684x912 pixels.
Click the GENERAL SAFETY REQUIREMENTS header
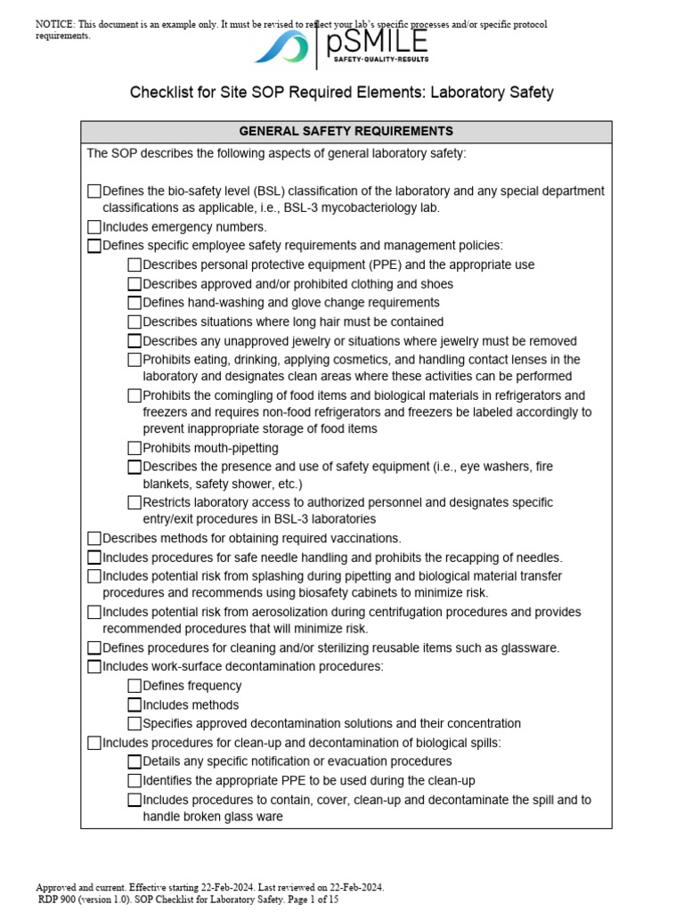point(346,131)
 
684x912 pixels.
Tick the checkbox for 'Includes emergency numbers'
point(94,227)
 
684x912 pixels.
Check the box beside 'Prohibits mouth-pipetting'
point(134,448)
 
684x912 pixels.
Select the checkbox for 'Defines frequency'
point(134,686)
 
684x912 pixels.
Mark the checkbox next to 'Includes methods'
point(134,704)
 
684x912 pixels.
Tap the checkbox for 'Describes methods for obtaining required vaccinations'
point(94,538)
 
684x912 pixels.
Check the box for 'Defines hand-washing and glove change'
point(134,303)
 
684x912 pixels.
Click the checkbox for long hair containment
point(134,322)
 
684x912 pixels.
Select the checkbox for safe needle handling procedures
point(94,558)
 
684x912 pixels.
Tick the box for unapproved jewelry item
point(134,341)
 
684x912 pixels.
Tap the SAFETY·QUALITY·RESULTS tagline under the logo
point(381,60)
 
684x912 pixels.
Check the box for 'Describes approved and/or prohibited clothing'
point(134,284)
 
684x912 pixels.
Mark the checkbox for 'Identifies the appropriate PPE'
point(134,780)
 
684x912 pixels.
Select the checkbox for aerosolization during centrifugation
point(94,612)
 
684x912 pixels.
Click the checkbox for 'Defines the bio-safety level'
point(94,191)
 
